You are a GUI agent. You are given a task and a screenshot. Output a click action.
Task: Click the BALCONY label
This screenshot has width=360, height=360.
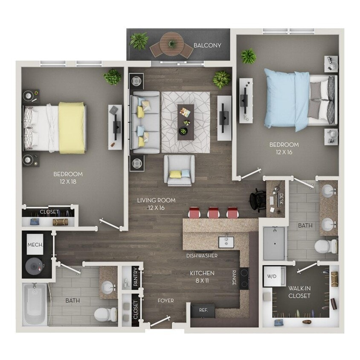coord(207,45)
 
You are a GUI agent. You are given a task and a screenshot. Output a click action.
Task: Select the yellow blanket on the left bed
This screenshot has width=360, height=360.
coord(72,128)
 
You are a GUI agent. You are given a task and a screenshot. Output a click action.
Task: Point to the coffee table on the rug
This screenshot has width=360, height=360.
coord(186,122)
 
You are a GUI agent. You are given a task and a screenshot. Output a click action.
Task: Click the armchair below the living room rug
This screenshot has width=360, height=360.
coord(180,170)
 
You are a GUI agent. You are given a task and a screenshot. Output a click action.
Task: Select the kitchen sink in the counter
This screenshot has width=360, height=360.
coord(226,242)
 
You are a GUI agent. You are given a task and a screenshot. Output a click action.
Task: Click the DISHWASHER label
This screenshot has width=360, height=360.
coord(202,256)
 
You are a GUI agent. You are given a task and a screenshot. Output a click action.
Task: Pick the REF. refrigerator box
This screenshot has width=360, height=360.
coord(203,311)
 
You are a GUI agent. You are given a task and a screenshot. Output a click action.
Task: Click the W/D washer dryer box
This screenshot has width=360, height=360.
coord(271,276)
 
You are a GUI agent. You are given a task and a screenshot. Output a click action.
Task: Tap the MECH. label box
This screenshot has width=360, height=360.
coord(34,245)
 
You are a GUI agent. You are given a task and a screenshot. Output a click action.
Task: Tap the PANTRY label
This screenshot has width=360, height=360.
coord(135,277)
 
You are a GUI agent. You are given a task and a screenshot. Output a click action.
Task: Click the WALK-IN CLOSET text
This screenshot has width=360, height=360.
coord(299,292)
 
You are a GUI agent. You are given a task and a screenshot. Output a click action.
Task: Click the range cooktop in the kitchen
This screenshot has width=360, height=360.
coord(244,278)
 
